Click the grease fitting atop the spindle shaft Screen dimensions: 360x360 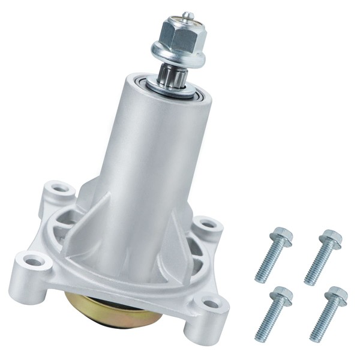click(x=188, y=14)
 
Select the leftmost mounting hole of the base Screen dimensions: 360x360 click(x=34, y=261)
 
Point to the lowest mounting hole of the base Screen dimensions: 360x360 click(x=212, y=304)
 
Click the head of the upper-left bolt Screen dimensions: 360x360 click(x=279, y=236)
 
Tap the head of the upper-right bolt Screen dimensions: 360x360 click(x=330, y=238)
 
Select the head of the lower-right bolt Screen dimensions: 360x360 click(x=337, y=296)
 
